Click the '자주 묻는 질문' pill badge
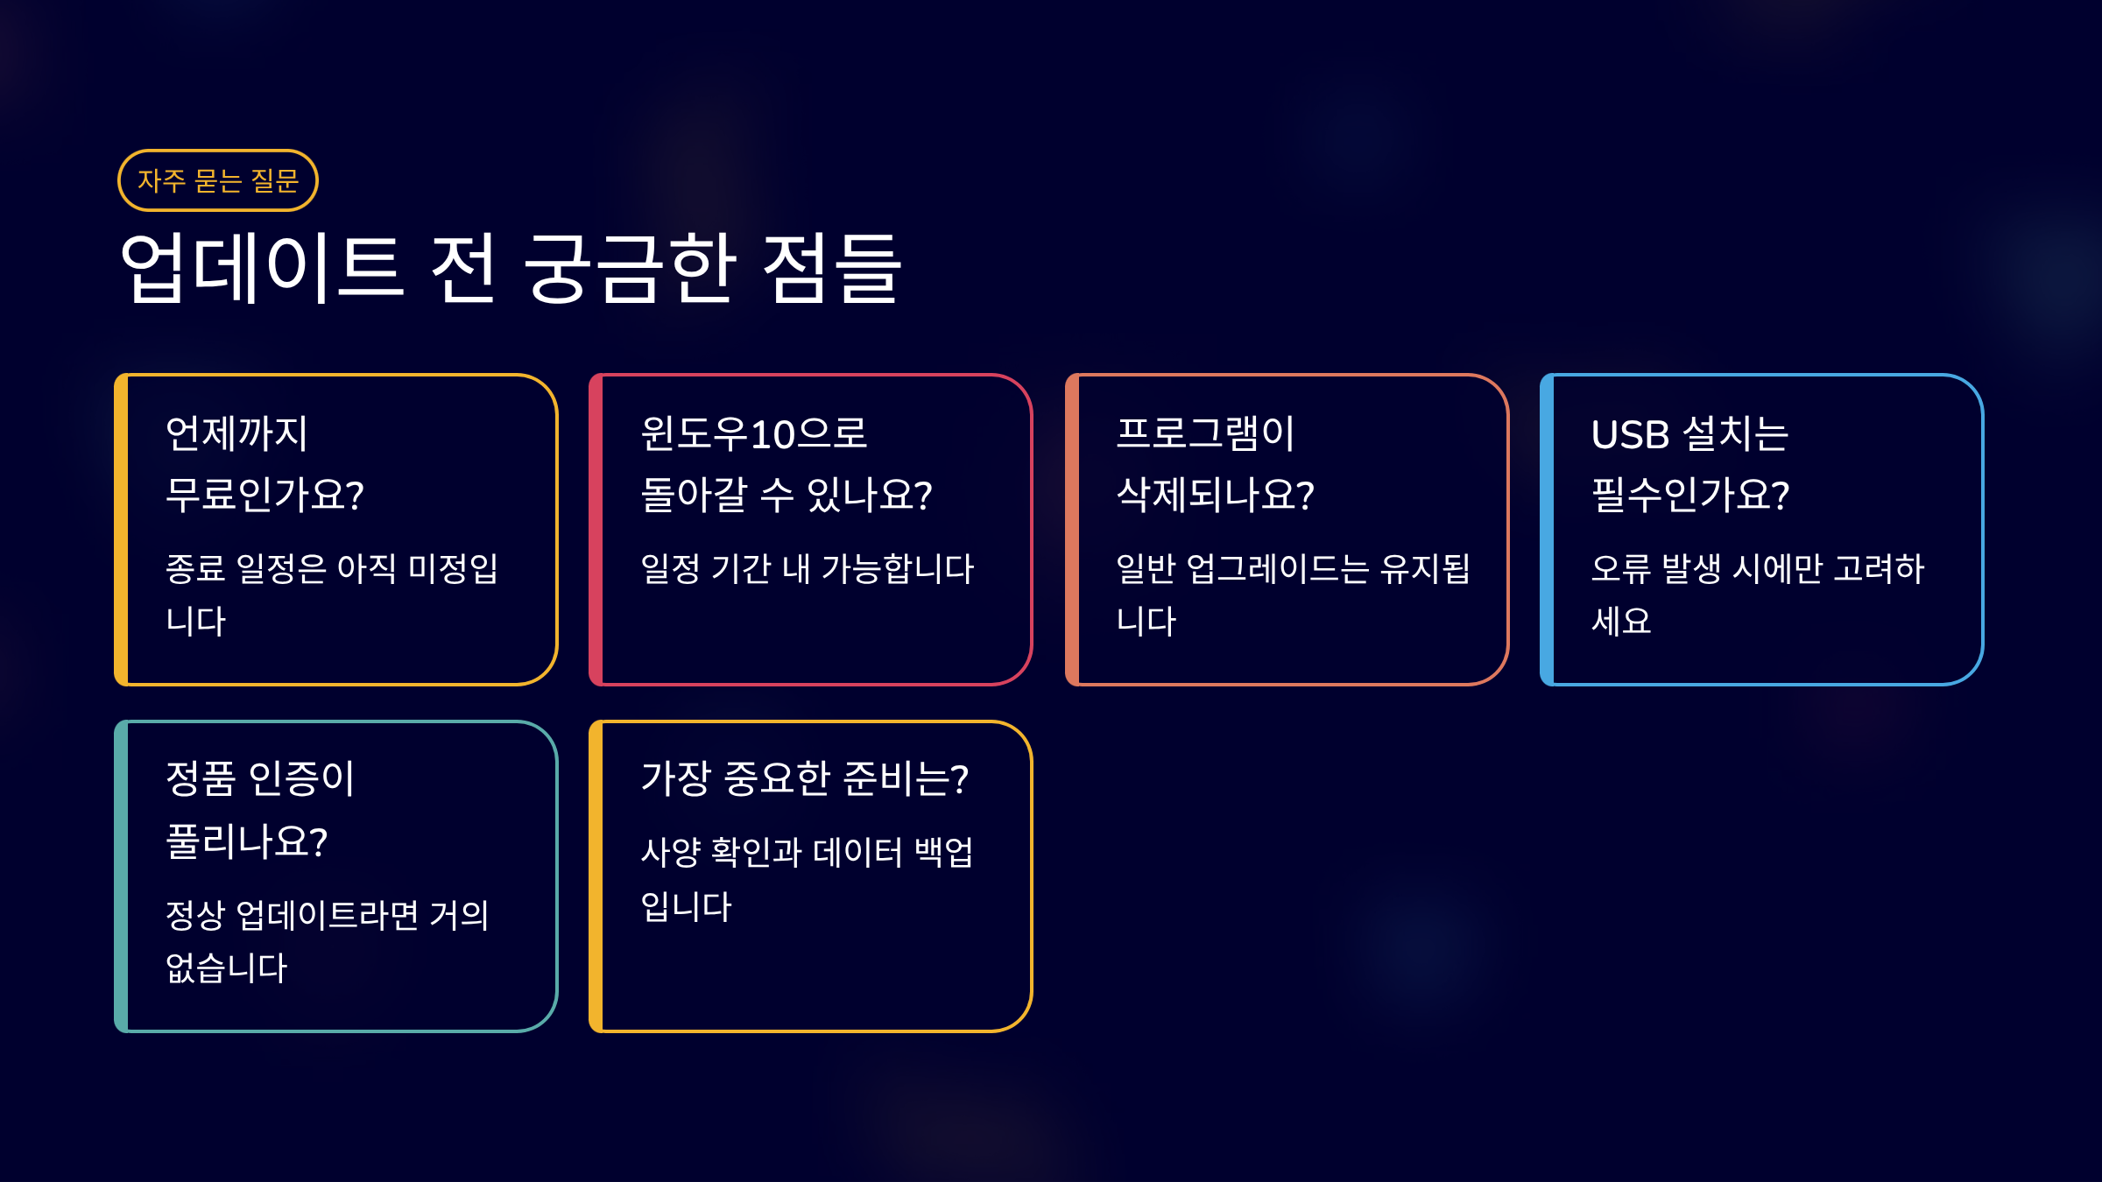point(218,180)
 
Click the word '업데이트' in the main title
point(261,268)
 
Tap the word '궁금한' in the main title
point(630,268)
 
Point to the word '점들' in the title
point(831,268)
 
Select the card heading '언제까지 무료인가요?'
point(265,464)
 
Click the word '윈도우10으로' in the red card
point(754,433)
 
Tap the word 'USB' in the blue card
point(1631,434)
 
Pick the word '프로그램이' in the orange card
point(1205,433)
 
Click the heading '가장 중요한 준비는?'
point(805,778)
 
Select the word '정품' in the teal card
point(201,778)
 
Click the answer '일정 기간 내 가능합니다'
point(808,568)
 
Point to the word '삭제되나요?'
point(1216,495)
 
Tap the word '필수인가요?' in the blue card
point(1690,495)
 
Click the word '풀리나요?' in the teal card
point(247,841)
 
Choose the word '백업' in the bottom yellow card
point(943,851)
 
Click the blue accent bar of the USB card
point(1547,530)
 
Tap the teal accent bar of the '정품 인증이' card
point(121,876)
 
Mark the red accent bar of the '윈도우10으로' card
point(596,530)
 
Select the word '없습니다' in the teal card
point(226,967)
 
